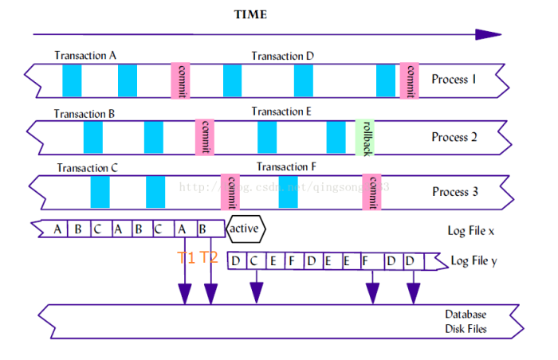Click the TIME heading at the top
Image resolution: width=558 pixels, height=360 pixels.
[250, 15]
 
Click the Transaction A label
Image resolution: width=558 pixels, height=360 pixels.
[85, 56]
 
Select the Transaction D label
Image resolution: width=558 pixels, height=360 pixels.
[283, 56]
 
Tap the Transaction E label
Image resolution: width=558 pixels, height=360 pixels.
[281, 112]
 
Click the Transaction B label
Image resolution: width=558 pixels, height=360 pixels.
[84, 113]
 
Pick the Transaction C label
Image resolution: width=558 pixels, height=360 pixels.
[88, 169]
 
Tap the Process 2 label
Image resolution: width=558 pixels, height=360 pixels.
[455, 137]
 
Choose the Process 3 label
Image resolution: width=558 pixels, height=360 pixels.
[455, 192]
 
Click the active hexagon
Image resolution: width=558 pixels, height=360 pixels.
[245, 229]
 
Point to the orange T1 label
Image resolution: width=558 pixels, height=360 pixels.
[186, 257]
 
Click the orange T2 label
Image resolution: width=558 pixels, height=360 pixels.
[210, 257]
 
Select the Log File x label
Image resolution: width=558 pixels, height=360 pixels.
[472, 231]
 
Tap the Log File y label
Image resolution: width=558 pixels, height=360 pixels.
[476, 260]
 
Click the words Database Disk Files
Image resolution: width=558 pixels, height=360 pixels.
[466, 322]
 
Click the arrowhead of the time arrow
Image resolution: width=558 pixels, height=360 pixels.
[488, 34]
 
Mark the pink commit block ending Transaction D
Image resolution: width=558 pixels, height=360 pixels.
[410, 80]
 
